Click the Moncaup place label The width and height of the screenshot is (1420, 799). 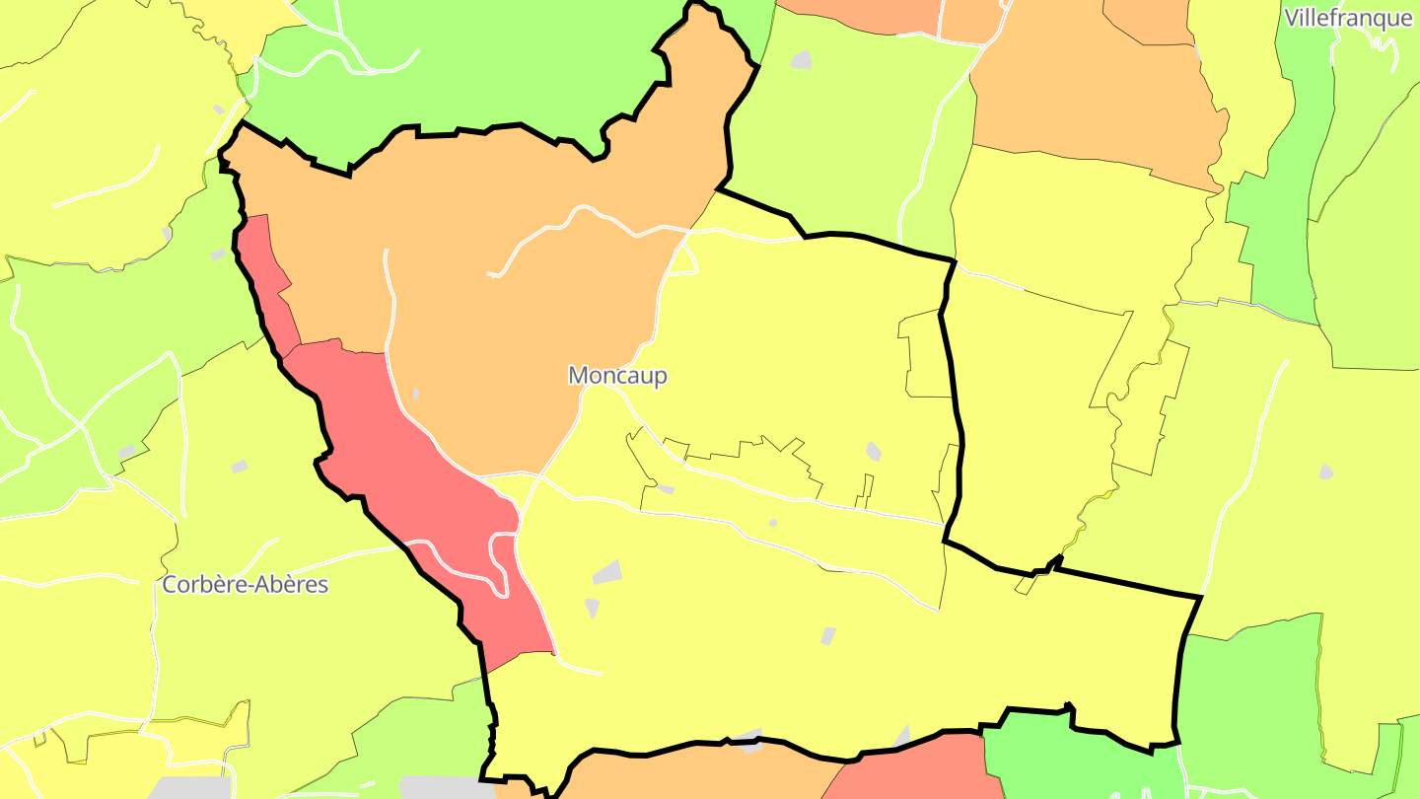tap(617, 376)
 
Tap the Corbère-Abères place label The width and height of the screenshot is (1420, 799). tap(245, 584)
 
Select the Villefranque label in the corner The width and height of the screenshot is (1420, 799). tap(1348, 18)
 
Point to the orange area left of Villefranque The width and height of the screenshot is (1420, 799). tap(1085, 89)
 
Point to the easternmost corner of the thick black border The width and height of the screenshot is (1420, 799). tap(1201, 597)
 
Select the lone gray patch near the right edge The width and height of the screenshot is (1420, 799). tap(1325, 472)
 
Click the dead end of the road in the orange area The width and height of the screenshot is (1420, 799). tap(490, 275)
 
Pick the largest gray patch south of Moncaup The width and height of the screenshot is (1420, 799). tap(608, 572)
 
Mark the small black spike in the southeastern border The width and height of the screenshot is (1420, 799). tap(1058, 560)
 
